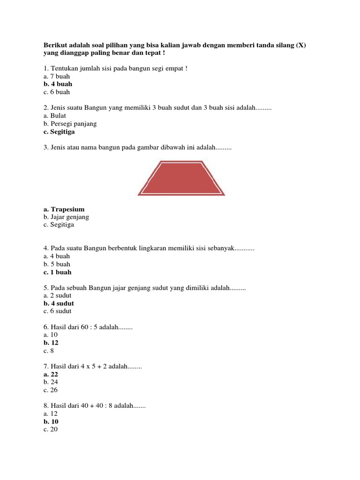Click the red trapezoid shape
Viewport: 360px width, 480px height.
click(181, 178)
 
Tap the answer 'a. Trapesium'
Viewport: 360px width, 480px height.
click(64, 209)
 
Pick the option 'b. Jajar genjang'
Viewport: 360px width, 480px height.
click(66, 217)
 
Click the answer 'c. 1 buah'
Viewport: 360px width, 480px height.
click(57, 272)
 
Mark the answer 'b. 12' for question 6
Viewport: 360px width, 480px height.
click(51, 343)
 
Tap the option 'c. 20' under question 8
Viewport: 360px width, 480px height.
click(50, 429)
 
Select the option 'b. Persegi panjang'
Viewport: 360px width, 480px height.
click(70, 124)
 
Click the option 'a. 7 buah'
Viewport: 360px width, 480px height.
click(56, 76)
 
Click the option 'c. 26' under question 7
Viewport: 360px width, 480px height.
click(50, 390)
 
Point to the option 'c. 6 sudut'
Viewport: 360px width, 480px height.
click(58, 311)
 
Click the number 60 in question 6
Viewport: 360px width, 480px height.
click(85, 327)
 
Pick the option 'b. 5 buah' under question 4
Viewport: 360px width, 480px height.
click(57, 264)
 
